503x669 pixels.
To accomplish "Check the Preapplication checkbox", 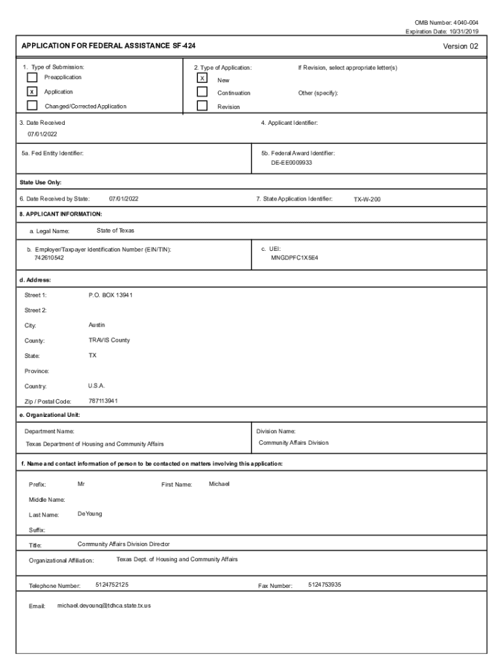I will coord(32,78).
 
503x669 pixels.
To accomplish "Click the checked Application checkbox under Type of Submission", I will coord(32,92).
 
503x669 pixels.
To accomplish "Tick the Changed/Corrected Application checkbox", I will coord(32,106).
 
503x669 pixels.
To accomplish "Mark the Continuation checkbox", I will coord(203,92).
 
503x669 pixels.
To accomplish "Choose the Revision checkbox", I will coord(203,106).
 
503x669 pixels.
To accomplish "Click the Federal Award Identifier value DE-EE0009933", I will coord(292,163).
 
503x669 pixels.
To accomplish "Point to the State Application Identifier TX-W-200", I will coord(367,199).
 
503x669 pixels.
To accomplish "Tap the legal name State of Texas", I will coord(116,231).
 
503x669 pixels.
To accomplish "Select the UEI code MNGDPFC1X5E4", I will coord(295,258).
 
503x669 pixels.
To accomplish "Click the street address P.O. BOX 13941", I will coord(110,295).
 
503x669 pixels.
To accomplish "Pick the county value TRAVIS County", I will coord(109,340).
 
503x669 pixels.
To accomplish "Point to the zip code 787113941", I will coord(103,400).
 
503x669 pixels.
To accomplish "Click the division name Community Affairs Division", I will coord(293,443).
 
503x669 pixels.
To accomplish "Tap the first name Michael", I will coord(219,484).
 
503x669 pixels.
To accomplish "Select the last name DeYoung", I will coord(89,514).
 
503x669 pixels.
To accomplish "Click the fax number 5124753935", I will coord(325,585).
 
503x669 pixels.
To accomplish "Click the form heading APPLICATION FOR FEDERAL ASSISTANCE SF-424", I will coord(108,46).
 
